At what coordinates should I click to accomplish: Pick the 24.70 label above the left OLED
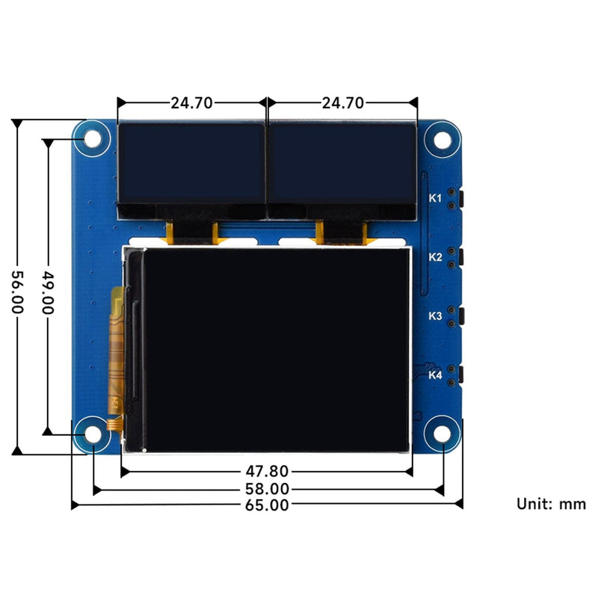[192, 103]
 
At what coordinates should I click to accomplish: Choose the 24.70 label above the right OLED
[342, 103]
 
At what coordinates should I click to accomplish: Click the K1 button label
[435, 198]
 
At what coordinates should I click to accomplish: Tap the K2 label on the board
[435, 257]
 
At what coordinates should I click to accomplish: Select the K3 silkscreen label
[435, 316]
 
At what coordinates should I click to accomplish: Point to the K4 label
[435, 375]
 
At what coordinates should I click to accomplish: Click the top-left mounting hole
[92, 139]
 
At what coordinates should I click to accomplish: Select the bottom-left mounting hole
[92, 434]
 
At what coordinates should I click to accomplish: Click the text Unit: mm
[551, 504]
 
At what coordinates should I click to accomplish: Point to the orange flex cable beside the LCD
[117, 351]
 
